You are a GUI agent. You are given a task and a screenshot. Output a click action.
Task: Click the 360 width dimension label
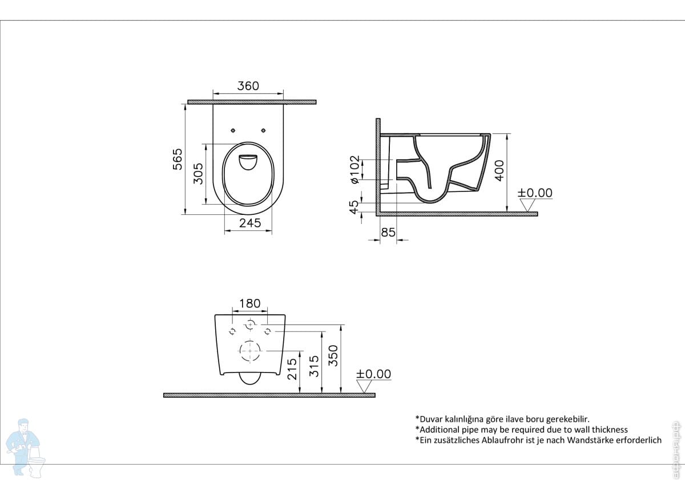248,86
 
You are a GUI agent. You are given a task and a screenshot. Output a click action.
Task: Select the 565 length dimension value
178,159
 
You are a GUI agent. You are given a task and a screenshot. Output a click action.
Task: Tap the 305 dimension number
198,174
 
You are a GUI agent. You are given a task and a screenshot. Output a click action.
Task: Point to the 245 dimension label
250,223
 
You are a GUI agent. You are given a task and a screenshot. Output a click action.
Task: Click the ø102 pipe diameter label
354,169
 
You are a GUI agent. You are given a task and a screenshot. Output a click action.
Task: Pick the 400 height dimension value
499,170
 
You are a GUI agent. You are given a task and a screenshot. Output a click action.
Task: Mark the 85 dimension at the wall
388,233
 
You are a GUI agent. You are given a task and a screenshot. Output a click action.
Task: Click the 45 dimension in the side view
353,207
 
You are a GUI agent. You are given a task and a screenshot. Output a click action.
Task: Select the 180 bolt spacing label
250,303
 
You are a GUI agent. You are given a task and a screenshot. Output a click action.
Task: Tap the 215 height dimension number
292,369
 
